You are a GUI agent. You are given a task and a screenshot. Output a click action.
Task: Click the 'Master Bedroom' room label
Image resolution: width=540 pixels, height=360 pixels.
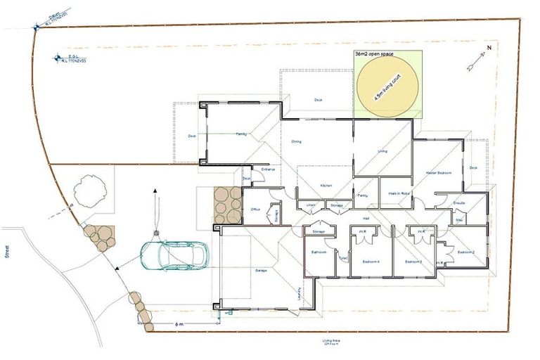[438, 172]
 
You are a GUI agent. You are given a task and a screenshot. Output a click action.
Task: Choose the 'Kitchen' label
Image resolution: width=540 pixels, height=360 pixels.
[326, 186]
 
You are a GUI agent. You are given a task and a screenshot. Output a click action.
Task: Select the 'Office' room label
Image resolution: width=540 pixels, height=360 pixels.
[256, 210]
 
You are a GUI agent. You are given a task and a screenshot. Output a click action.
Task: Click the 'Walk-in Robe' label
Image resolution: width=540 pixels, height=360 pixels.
[399, 194]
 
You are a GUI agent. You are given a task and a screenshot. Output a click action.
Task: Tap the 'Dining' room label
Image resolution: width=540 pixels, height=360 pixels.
[297, 142]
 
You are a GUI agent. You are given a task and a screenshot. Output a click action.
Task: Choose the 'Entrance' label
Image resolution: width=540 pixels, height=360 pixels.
[268, 169]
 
